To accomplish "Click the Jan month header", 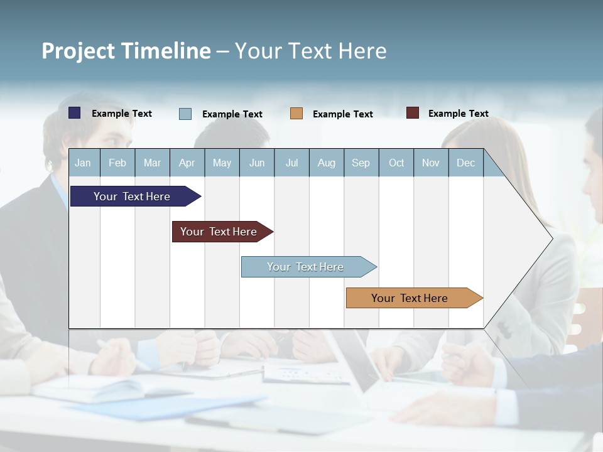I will click(84, 163).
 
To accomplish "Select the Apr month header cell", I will click(187, 163).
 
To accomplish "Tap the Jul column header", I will click(291, 163).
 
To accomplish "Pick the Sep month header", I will click(361, 163).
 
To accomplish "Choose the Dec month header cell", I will click(465, 163).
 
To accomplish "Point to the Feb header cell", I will click(117, 163).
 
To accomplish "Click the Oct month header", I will click(396, 163).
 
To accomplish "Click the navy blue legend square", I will click(75, 113).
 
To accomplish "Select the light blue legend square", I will click(185, 114).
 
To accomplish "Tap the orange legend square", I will click(296, 114).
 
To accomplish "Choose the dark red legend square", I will click(413, 113).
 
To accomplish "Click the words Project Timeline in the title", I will click(126, 51).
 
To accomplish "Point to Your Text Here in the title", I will click(310, 51).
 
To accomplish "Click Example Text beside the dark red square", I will click(458, 114).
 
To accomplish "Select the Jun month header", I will click(257, 163).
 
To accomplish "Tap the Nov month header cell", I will click(431, 163).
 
